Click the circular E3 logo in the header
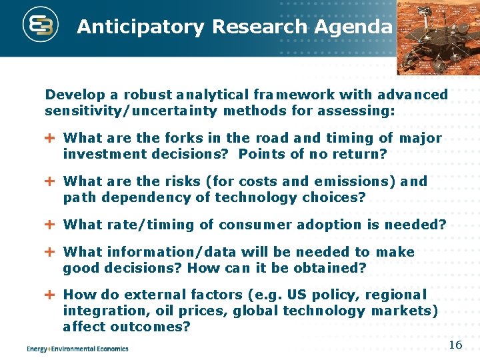(x=41, y=27)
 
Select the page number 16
(x=455, y=345)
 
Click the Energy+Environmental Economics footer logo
(x=77, y=348)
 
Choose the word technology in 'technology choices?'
(x=259, y=197)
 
